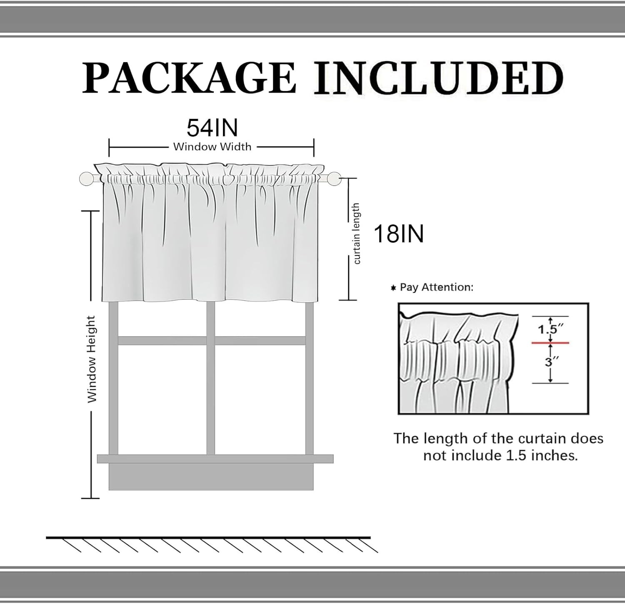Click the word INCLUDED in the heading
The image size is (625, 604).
pos(438,78)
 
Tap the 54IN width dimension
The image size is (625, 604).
pos(212,128)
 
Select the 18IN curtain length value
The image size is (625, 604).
pos(398,234)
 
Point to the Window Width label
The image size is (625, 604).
pos(212,147)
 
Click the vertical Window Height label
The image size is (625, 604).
pos(92,359)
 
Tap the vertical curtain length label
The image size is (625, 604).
pos(356,234)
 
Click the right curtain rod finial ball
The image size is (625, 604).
pos(334,179)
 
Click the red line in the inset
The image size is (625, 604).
pos(550,343)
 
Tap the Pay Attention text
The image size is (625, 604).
pos(436,287)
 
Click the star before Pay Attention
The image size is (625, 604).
pos(393,288)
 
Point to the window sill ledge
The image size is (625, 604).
pos(215,458)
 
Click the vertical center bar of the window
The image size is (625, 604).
pos(210,377)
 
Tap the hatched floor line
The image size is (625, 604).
pos(208,538)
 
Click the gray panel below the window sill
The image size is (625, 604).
pos(211,477)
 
